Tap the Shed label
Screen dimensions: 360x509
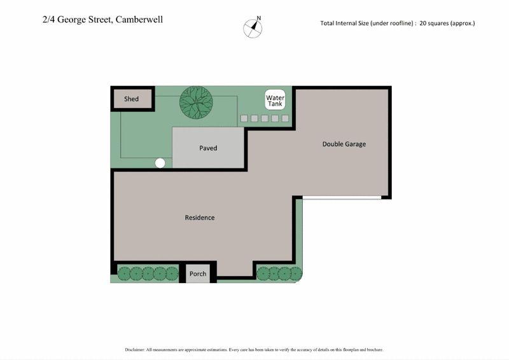point(132,99)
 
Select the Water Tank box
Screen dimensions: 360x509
point(275,100)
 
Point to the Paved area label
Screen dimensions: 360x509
point(208,148)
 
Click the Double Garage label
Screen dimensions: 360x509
point(344,144)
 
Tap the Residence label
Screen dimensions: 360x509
point(200,218)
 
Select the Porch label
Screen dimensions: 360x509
point(198,274)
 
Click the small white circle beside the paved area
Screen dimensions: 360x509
point(160,163)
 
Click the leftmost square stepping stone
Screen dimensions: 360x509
point(244,118)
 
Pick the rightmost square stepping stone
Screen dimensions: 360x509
point(285,118)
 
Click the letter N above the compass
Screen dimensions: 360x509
point(258,18)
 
